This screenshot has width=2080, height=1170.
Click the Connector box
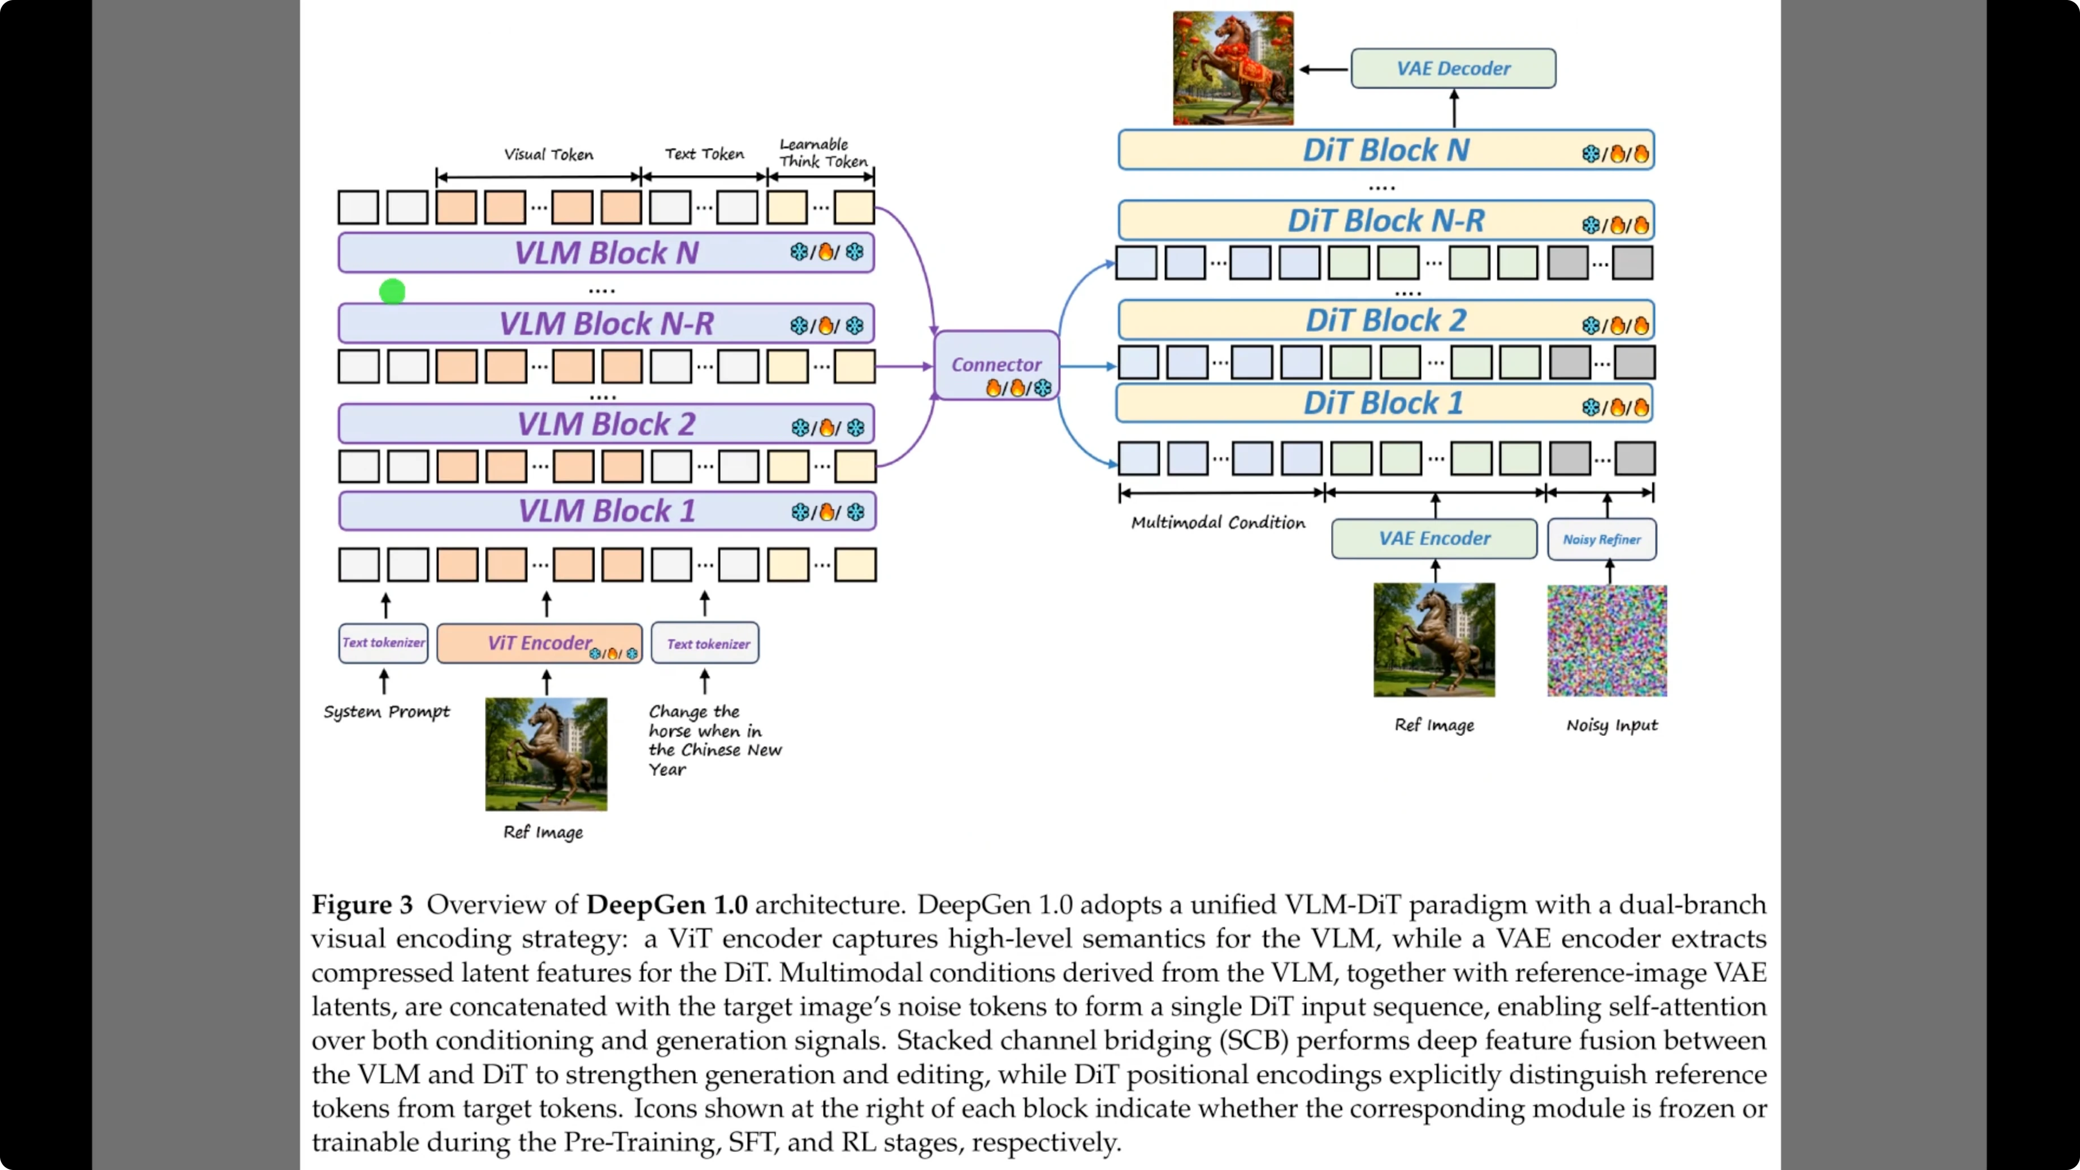click(x=996, y=365)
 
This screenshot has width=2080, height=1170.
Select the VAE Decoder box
click(x=1453, y=68)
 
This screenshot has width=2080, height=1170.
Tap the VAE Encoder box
click(x=1434, y=539)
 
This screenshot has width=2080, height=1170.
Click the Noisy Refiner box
click(x=1601, y=539)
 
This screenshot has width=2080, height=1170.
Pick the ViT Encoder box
click(x=539, y=644)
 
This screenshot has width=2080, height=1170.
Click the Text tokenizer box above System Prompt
click(x=384, y=643)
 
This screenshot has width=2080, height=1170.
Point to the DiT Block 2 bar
click(x=1385, y=320)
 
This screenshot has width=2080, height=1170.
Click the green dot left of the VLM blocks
click(x=392, y=292)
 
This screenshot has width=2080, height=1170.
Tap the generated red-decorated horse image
click(x=1233, y=68)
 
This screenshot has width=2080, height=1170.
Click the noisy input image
click(x=1607, y=641)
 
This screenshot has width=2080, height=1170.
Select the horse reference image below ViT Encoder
click(x=546, y=754)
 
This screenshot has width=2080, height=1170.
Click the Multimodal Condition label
click(x=1217, y=522)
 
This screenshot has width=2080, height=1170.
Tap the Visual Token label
click(x=548, y=154)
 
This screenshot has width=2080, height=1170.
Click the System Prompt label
click(x=387, y=712)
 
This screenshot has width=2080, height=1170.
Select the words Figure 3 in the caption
click(x=362, y=904)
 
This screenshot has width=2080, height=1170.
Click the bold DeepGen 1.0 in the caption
click(x=667, y=904)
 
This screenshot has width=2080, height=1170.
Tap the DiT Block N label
click(x=1385, y=150)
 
